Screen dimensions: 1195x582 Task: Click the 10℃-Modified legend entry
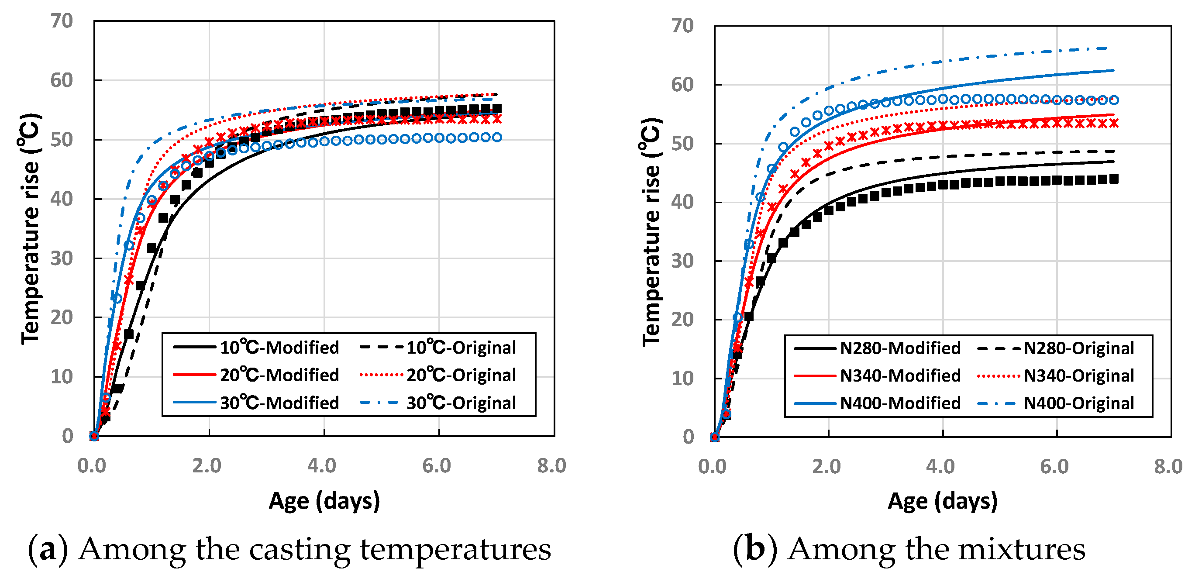[x=256, y=348]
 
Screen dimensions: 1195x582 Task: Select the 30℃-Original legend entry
[x=438, y=403]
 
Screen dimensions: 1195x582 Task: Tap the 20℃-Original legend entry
[x=438, y=375]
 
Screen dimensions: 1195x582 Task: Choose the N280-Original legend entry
[x=1055, y=348]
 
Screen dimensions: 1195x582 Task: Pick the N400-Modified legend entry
[x=877, y=403]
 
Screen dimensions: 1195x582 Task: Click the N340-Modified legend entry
[x=877, y=375]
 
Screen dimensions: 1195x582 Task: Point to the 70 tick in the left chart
[x=62, y=21]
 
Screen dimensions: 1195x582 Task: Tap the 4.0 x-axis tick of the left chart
[x=322, y=465]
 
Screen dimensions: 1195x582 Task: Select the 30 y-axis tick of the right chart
[x=682, y=261]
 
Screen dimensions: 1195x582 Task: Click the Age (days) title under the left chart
[x=324, y=501]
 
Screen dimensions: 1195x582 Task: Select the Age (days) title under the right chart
[x=943, y=501]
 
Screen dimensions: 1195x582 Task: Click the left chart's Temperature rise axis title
[x=30, y=229]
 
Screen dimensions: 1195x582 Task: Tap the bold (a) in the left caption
[x=48, y=550]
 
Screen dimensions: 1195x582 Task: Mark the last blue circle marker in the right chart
[x=1114, y=100]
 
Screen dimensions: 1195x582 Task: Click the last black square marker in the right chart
[x=1114, y=179]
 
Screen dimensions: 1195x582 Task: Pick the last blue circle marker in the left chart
[x=497, y=137]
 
